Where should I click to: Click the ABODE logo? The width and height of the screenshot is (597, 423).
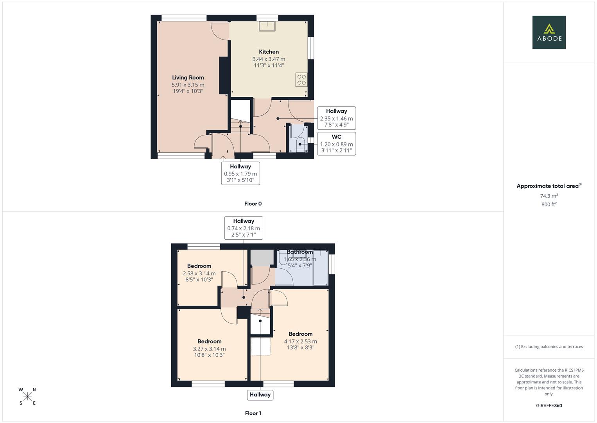(x=549, y=32)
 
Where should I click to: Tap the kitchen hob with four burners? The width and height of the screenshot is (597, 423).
(x=301, y=80)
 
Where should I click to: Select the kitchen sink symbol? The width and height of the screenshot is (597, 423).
(x=267, y=26)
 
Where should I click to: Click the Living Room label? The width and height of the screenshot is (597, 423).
(x=188, y=78)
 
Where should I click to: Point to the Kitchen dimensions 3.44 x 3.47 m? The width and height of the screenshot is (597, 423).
(x=269, y=59)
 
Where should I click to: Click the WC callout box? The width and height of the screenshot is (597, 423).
(x=336, y=144)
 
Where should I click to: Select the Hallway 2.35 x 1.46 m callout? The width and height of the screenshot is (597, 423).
(x=336, y=118)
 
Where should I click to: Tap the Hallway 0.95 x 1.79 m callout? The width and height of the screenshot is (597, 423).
(x=240, y=173)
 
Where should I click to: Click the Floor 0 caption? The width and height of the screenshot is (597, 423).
(x=253, y=204)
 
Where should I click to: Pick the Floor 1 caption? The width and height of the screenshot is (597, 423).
(x=253, y=413)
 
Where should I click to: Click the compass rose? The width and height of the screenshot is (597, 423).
(x=27, y=396)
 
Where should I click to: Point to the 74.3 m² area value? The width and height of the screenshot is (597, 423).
(x=549, y=196)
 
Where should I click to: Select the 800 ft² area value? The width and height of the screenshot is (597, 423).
(x=549, y=204)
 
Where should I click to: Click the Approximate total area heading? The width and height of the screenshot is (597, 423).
(x=549, y=186)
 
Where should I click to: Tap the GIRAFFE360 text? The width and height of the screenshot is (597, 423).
(x=549, y=406)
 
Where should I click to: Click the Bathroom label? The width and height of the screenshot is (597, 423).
(x=300, y=252)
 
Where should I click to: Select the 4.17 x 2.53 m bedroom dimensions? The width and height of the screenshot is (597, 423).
(x=301, y=341)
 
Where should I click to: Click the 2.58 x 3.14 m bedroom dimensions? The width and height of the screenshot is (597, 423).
(x=199, y=273)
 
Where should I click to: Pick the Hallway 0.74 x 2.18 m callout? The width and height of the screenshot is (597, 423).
(x=244, y=228)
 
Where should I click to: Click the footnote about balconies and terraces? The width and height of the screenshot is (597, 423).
(x=549, y=347)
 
